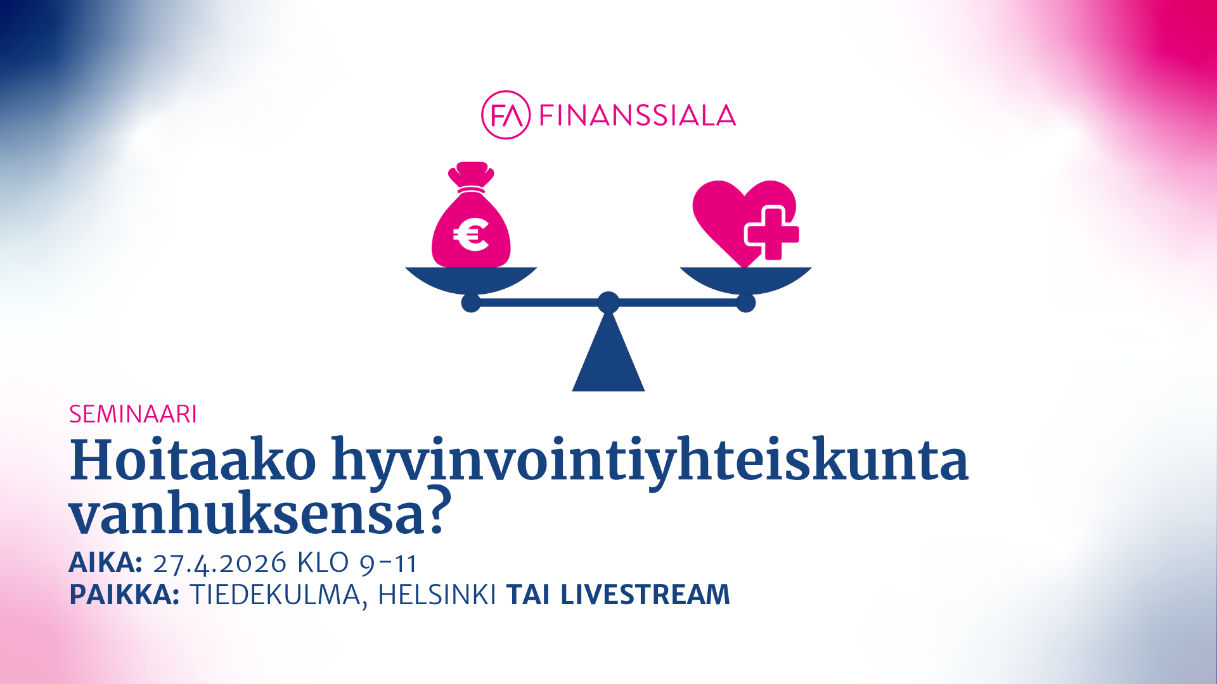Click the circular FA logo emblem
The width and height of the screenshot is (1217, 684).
tap(505, 115)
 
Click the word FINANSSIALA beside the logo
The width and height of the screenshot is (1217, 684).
tap(638, 115)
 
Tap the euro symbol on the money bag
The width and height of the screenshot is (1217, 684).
tap(471, 234)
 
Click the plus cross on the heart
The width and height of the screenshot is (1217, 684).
tap(771, 233)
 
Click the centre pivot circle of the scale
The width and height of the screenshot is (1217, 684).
tap(608, 303)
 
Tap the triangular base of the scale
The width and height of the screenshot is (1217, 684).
tap(608, 355)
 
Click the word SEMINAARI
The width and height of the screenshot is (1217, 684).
tap(133, 414)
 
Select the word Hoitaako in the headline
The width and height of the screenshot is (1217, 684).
tap(193, 460)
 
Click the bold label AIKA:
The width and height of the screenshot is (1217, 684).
tap(105, 562)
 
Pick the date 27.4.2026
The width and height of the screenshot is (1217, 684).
tap(220, 563)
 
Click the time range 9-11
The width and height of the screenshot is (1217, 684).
tap(388, 563)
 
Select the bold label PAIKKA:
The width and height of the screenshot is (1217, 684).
tap(124, 595)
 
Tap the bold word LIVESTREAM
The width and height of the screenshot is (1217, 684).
tap(645, 595)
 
